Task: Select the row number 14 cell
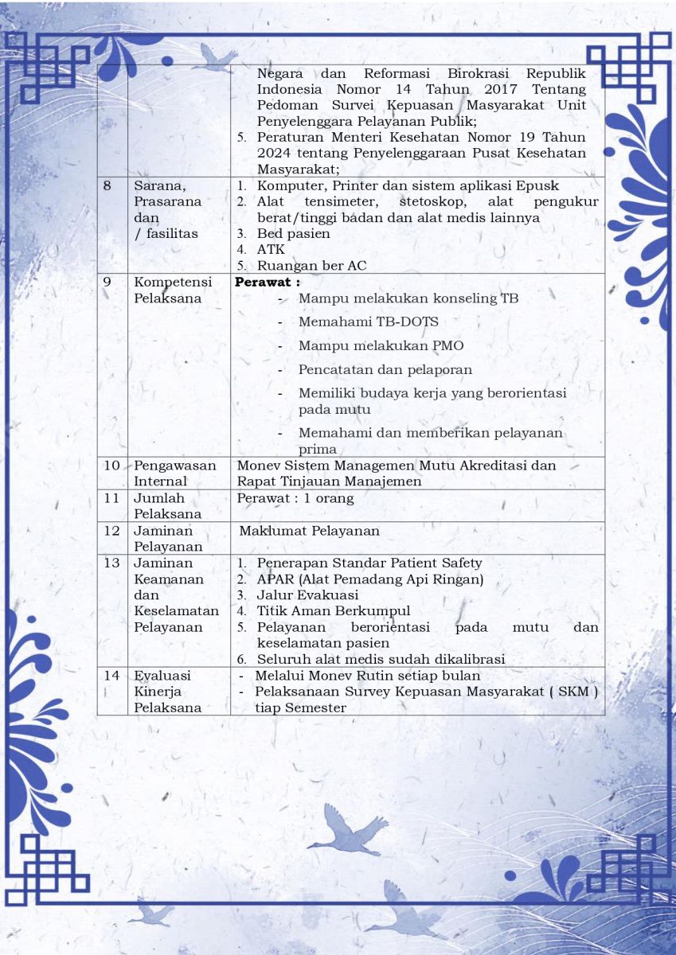(x=111, y=676)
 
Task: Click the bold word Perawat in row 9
(x=264, y=282)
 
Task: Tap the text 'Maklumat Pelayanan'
(x=310, y=531)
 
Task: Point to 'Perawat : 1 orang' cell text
(x=295, y=498)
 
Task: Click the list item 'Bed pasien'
(x=293, y=234)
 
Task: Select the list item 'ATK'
(x=270, y=250)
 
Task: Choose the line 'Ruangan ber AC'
(x=311, y=266)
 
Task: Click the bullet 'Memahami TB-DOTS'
(x=368, y=322)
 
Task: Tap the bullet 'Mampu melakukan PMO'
(x=381, y=346)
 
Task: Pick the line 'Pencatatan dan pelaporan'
(x=385, y=370)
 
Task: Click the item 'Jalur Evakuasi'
(x=307, y=595)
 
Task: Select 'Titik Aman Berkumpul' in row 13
(x=334, y=611)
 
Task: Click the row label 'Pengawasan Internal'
(x=174, y=474)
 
